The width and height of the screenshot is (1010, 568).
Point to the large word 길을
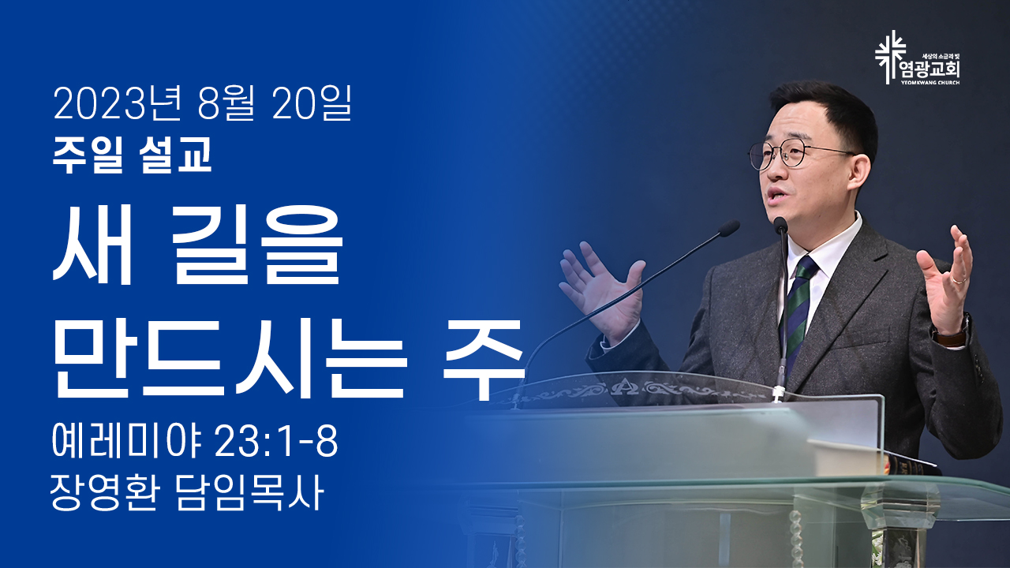tap(257, 245)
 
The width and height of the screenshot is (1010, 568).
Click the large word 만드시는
tap(228, 358)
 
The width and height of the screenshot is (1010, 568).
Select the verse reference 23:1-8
tap(276, 441)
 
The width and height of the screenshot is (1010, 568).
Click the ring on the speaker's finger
tap(959, 280)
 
